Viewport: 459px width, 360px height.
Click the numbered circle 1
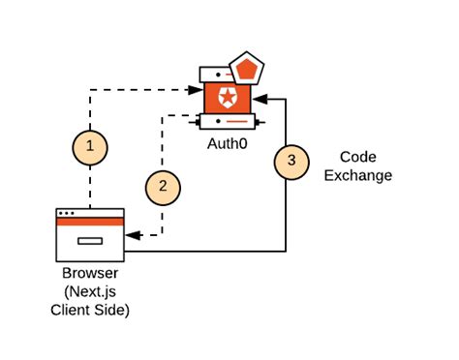pos(89,147)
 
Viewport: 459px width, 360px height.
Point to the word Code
pos(363,158)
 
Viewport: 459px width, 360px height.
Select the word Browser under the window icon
pos(88,276)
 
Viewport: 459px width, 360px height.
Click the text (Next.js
pos(88,293)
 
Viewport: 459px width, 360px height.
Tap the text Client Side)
pos(88,311)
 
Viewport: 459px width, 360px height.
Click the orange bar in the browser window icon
pos(90,223)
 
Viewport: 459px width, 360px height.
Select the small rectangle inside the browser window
pos(90,240)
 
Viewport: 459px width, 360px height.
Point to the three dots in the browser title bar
pos(67,213)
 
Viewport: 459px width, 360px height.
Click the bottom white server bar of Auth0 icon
pos(229,123)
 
